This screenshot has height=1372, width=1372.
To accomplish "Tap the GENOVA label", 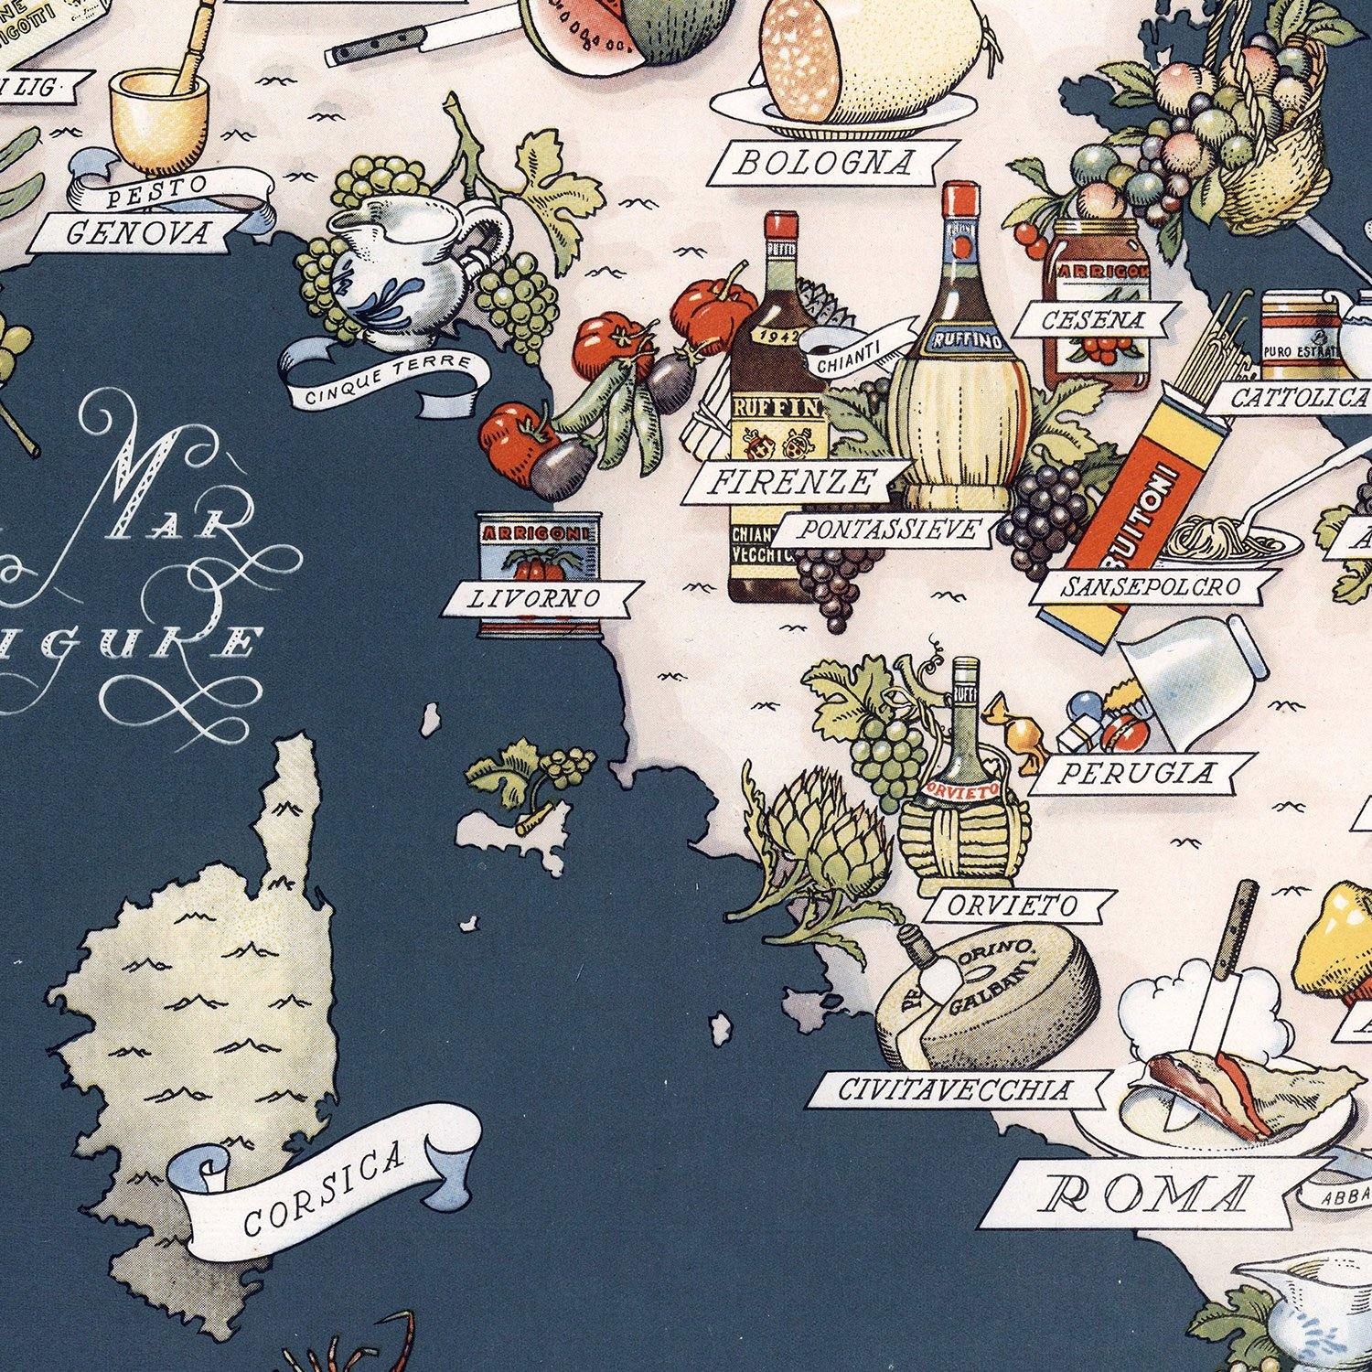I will [x=137, y=233].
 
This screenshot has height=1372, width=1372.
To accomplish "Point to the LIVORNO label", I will [x=535, y=599].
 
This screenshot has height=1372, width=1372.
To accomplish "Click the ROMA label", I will [x=1148, y=1194].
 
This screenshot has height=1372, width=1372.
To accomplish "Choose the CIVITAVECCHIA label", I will [x=954, y=1089].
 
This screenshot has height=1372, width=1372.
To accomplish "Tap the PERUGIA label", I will [x=1136, y=774].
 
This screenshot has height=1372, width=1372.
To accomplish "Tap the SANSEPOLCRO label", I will [x=1150, y=586].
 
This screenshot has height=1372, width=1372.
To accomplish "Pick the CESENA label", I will [x=1092, y=320].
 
